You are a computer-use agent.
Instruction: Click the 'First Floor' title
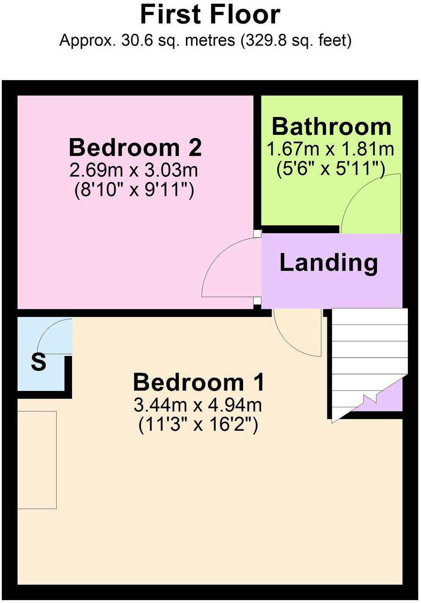[210, 15]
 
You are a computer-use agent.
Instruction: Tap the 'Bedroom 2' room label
[135, 147]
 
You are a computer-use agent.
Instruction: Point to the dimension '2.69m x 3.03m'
[134, 170]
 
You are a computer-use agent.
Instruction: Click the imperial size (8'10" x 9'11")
[134, 191]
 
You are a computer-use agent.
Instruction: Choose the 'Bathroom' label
[331, 126]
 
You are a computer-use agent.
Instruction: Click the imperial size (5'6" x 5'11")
[331, 169]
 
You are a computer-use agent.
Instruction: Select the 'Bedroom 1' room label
[199, 382]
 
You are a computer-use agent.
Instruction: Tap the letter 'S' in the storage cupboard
[38, 362]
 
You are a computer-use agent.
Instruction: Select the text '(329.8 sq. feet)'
[295, 41]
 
